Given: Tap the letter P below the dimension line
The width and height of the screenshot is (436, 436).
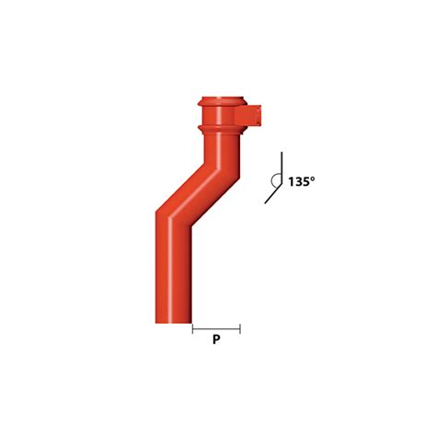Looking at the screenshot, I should click(216, 339).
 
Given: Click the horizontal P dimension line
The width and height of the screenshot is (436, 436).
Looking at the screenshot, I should click(216, 327).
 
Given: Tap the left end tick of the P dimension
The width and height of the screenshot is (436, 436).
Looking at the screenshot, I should click(192, 327).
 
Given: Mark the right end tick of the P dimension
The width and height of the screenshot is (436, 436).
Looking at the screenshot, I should click(240, 327).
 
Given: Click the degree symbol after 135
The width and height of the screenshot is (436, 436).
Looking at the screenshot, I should click(313, 178).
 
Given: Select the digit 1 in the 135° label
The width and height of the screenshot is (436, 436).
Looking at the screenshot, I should click(291, 182).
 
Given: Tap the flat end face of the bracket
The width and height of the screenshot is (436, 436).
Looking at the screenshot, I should click(263, 116).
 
